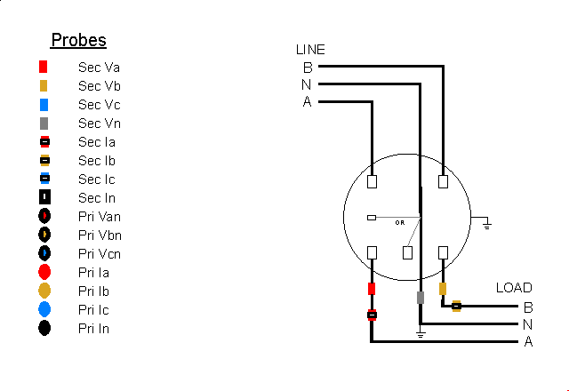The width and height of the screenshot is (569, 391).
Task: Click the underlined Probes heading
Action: (78, 40)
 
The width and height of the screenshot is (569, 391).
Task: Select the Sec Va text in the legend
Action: (99, 68)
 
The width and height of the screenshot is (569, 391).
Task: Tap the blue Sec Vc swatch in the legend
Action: (44, 105)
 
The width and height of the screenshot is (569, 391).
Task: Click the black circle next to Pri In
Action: (44, 328)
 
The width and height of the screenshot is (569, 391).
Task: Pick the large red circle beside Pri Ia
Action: (44, 272)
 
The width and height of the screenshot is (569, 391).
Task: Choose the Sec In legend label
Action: (97, 198)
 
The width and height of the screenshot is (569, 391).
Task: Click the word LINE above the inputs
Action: (310, 49)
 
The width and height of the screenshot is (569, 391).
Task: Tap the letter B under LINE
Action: (307, 67)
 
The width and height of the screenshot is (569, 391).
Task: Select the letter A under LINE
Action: (307, 101)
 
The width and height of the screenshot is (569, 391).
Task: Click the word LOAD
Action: (514, 288)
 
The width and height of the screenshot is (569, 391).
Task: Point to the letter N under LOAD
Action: (527, 324)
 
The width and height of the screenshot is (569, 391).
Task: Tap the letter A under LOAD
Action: (527, 342)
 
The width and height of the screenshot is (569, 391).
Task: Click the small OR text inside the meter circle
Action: (400, 222)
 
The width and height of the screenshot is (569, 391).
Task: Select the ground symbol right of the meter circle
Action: (486, 223)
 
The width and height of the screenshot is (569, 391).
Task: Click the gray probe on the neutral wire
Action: (421, 297)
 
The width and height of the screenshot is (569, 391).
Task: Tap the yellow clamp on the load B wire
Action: (456, 307)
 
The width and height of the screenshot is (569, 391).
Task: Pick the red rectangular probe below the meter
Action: (372, 288)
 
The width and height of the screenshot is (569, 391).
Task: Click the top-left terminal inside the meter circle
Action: (373, 182)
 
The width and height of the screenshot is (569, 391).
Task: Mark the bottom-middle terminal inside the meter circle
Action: (408, 252)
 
